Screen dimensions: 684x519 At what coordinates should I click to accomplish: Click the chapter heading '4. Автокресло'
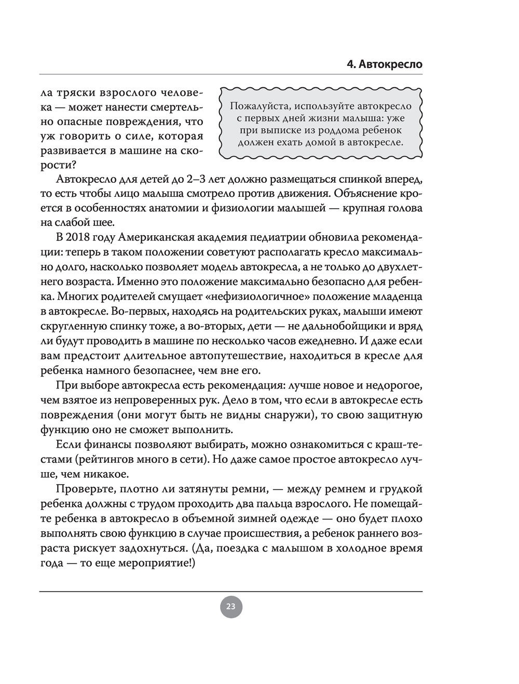pyautogui.click(x=384, y=65)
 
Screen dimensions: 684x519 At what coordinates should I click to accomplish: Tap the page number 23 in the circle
pyautogui.click(x=231, y=607)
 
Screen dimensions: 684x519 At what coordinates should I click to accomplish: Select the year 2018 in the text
pyautogui.click(x=78, y=237)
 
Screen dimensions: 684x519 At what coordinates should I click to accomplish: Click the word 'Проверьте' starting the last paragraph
pyautogui.click(x=84, y=489)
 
